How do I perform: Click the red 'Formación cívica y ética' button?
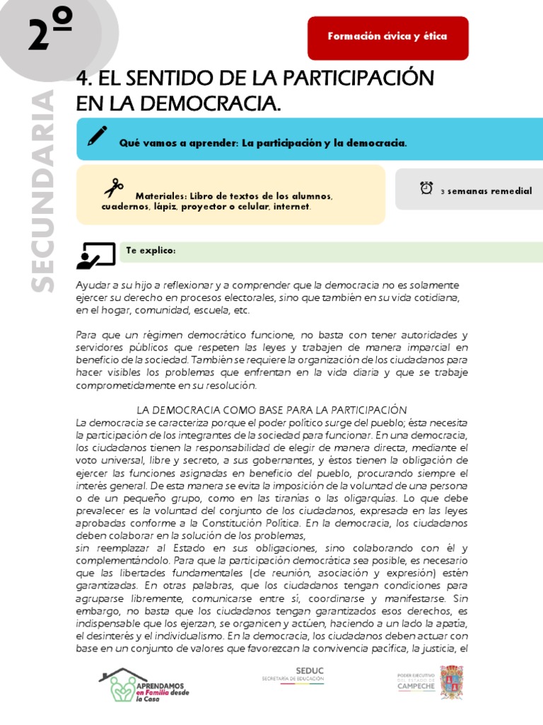pos(387,38)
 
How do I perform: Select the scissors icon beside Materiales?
pos(113,188)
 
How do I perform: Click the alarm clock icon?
pos(426,188)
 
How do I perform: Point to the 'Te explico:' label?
pos(151,251)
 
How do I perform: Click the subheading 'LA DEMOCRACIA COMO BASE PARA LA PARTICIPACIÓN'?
pos(271,409)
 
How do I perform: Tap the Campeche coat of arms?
pos(452,683)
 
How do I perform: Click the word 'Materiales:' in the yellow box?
pos(160,195)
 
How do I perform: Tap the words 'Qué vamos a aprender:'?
pos(178,143)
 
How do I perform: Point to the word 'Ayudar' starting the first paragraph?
pos(92,285)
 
